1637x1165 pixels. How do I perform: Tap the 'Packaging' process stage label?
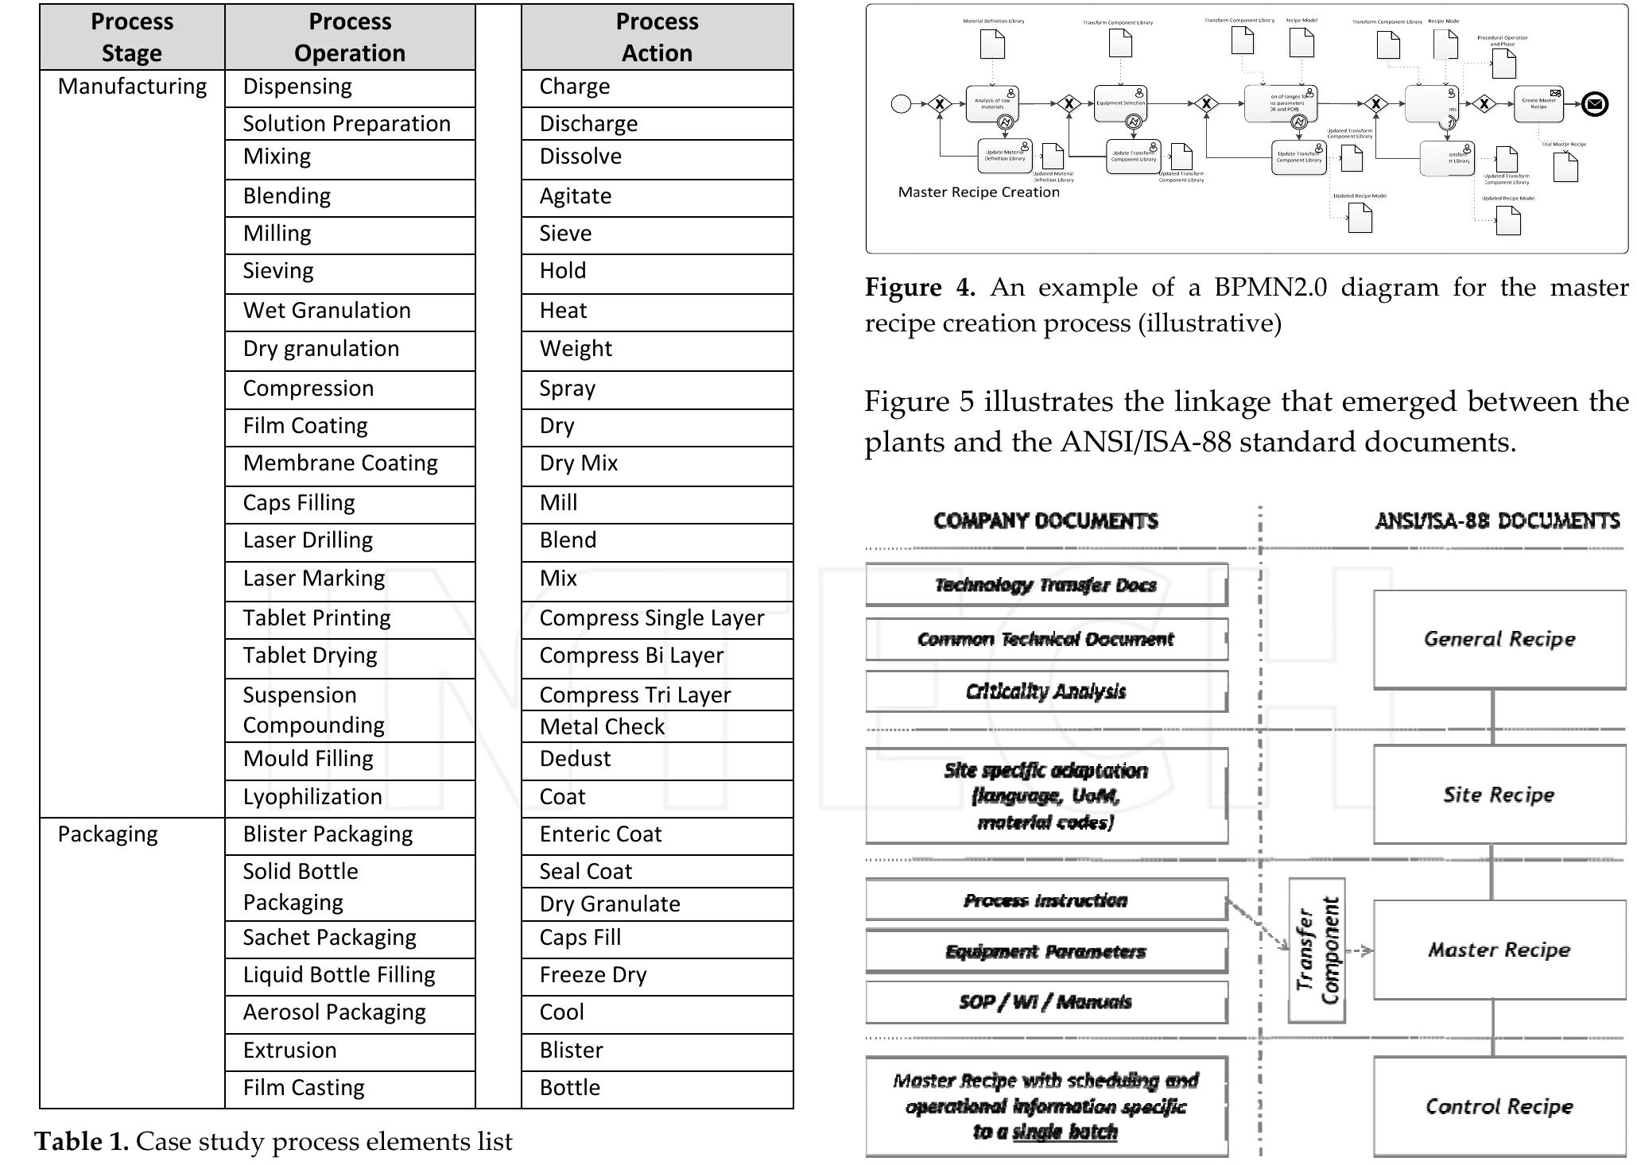tap(108, 834)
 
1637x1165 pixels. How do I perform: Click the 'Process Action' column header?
tap(657, 37)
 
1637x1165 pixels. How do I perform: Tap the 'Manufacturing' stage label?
tap(132, 87)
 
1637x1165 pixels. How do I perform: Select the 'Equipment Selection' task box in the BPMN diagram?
tap(1121, 103)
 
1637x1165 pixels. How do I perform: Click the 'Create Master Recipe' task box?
tap(1538, 103)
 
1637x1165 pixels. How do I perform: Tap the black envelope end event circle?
tap(1594, 104)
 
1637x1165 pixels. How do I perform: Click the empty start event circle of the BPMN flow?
tap(901, 104)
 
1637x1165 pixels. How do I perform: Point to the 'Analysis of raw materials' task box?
tap(992, 103)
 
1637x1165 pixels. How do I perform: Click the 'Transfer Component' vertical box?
tap(1317, 950)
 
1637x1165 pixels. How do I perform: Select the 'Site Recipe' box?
tap(1499, 795)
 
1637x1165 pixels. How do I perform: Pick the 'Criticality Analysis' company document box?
tap(1045, 691)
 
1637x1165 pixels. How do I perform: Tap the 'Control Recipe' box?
tap(1499, 1106)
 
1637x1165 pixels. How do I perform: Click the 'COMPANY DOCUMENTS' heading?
tap(1045, 521)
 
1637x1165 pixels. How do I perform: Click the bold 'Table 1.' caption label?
tap(81, 1142)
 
